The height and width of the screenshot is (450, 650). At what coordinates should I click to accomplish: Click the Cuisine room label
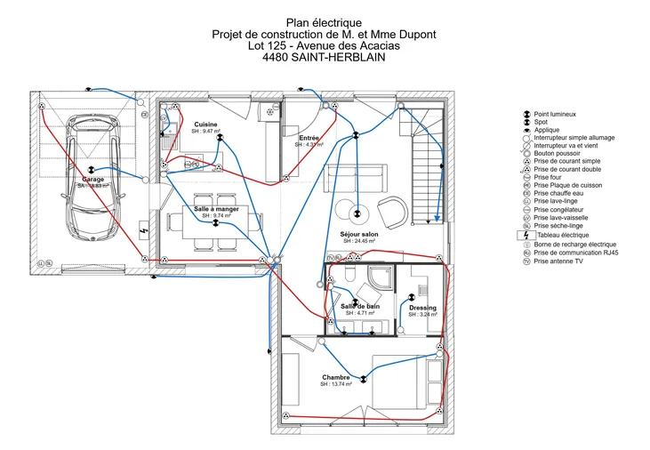(205, 124)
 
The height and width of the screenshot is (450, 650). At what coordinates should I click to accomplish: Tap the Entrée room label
(309, 138)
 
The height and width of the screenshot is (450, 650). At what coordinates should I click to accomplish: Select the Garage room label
(93, 179)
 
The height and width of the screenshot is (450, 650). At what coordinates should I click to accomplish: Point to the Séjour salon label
(359, 234)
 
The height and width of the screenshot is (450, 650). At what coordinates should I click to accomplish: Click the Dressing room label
(422, 308)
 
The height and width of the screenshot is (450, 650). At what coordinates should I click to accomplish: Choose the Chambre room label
(336, 377)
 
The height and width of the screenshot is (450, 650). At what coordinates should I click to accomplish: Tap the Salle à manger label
(216, 209)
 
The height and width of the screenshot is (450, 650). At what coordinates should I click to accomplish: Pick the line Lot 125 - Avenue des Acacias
(324, 45)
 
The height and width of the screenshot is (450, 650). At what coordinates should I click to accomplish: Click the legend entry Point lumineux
(555, 114)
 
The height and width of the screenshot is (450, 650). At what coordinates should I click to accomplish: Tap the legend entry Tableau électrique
(561, 235)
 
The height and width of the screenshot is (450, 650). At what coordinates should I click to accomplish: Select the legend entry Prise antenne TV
(558, 261)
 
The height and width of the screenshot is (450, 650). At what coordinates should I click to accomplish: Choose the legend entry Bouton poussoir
(557, 153)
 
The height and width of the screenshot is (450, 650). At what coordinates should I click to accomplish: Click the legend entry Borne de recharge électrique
(574, 244)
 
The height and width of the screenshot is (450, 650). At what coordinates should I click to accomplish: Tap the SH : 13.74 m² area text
(336, 384)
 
